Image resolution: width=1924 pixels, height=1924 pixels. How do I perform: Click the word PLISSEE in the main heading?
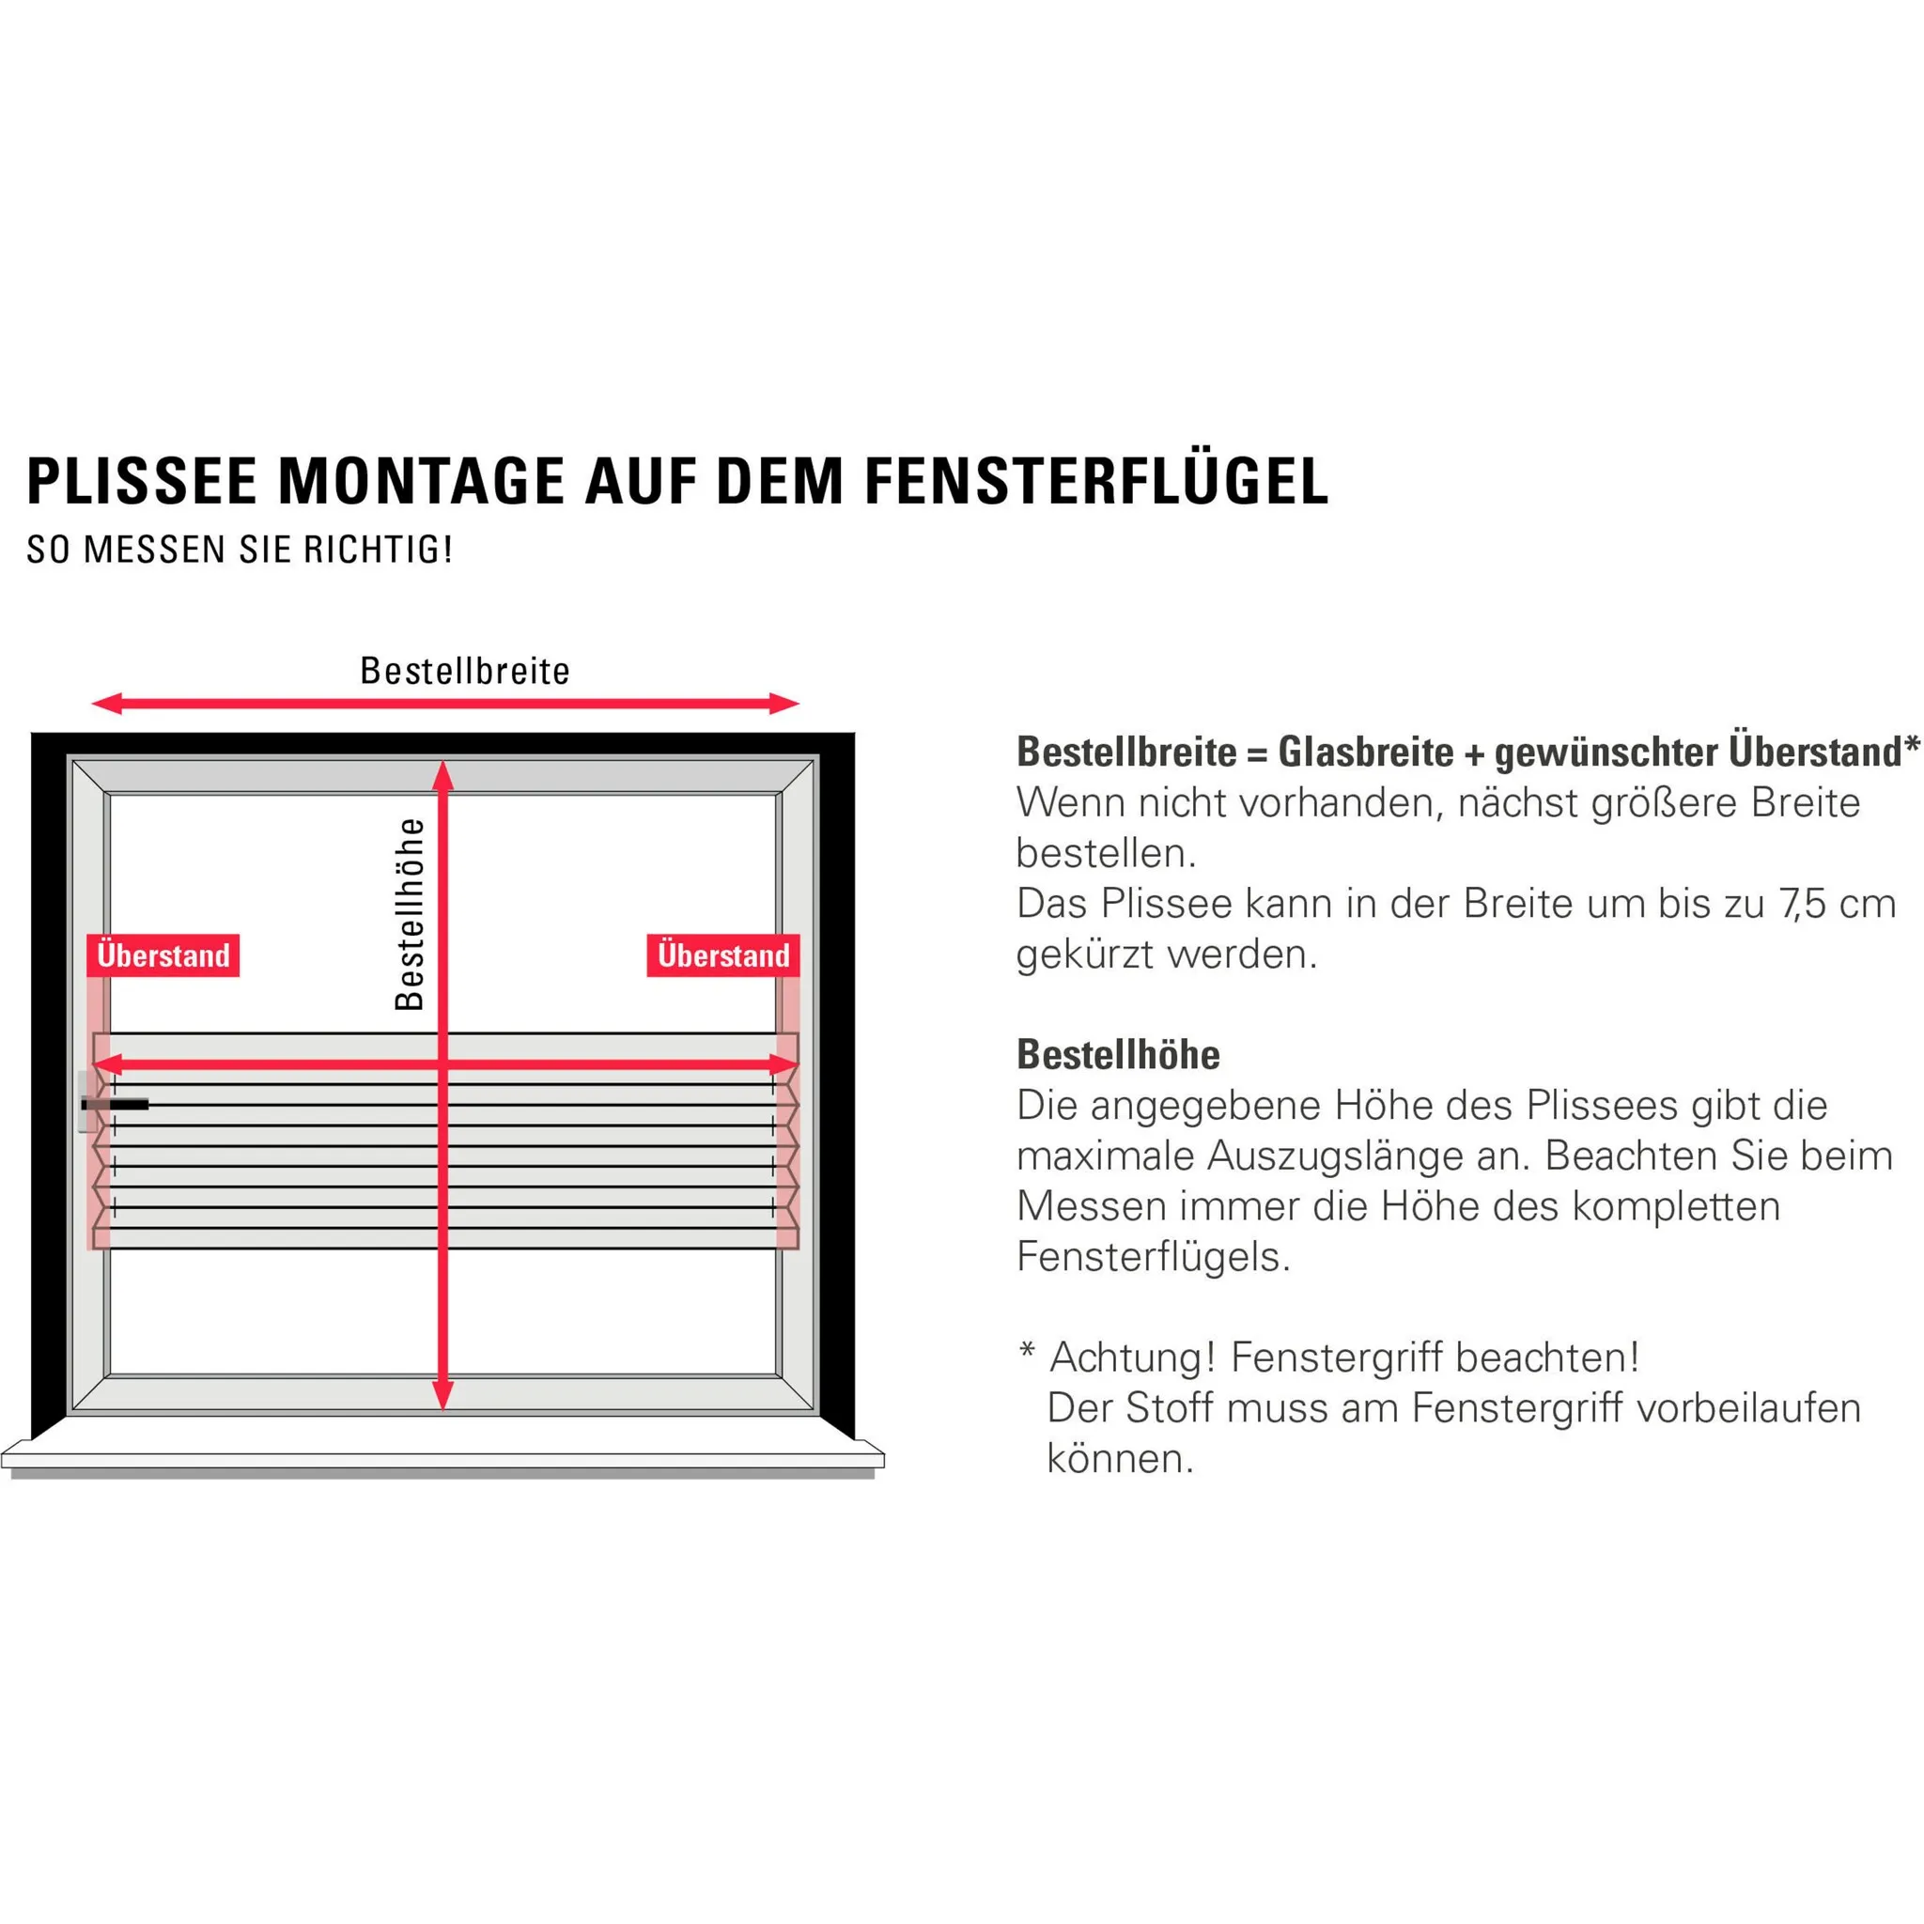point(143,482)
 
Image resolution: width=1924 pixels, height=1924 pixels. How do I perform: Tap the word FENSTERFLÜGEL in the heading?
point(1096,482)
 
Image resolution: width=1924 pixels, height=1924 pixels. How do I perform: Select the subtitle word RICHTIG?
point(379,550)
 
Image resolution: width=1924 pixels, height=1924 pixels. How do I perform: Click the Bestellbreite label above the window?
point(465,671)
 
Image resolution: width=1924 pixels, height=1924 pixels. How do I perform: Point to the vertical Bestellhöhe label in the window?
point(410,914)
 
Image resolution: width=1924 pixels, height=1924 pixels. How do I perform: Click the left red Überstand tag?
point(163,956)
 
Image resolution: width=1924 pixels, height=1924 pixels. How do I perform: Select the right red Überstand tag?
point(723,956)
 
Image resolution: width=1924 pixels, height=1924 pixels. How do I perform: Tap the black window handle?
point(115,1105)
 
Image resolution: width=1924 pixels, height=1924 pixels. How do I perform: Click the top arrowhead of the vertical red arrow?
point(443,778)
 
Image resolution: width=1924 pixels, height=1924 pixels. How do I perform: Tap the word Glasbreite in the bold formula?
point(1366,753)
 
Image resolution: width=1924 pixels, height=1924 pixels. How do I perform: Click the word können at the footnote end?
point(1119,1460)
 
